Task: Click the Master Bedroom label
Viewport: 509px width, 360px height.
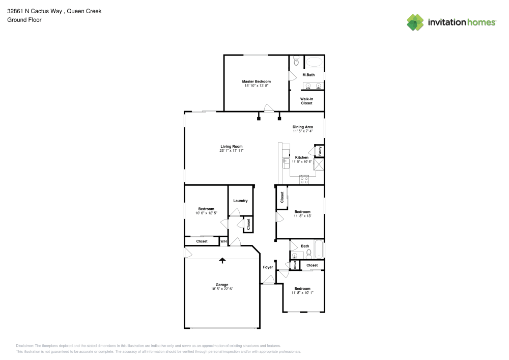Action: click(x=256, y=81)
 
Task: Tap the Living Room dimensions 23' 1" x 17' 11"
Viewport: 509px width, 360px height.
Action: click(x=232, y=151)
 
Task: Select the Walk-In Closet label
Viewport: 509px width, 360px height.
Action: click(x=306, y=101)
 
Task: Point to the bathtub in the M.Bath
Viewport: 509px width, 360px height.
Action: click(x=314, y=62)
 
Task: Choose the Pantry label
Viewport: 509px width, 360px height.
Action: click(x=320, y=151)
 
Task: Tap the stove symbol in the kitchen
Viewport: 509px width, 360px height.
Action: click(x=304, y=179)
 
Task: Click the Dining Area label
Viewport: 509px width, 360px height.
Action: click(x=302, y=127)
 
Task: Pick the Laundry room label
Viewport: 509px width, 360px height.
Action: click(x=240, y=201)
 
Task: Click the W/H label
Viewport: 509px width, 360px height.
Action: click(x=223, y=241)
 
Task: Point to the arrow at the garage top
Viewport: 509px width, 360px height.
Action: click(x=222, y=261)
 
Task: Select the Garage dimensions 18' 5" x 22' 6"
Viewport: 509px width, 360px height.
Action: click(x=222, y=289)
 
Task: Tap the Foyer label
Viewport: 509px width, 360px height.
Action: click(x=268, y=267)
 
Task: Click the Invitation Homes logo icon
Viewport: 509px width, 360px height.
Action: click(x=415, y=22)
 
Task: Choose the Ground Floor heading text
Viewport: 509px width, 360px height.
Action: click(x=24, y=20)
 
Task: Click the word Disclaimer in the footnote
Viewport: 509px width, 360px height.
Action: click(x=24, y=345)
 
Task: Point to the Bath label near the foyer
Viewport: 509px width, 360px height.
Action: click(x=305, y=246)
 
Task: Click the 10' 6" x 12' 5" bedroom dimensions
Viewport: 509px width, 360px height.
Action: click(x=206, y=213)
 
